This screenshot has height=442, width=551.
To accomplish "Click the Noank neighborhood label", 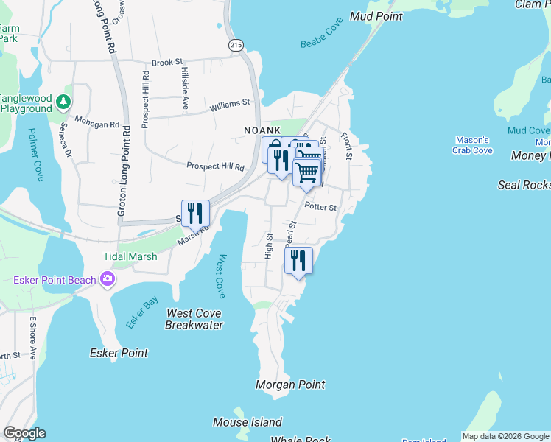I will point(263,130).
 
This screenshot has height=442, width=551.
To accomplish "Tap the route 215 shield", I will point(236,45).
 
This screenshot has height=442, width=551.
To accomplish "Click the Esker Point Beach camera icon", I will point(108,278).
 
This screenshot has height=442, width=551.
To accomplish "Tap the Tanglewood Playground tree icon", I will point(64,101).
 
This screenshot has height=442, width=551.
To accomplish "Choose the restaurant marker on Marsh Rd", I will point(195,214).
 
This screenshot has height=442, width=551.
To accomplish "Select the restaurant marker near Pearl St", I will point(298,260).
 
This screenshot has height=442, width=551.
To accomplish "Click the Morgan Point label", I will point(289,385).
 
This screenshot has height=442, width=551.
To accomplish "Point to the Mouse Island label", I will point(247,422).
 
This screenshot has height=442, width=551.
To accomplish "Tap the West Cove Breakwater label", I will point(194,319).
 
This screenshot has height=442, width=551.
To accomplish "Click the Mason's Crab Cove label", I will point(473,145).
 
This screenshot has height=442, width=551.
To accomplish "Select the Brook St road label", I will point(167,63).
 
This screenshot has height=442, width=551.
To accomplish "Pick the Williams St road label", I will point(230,105).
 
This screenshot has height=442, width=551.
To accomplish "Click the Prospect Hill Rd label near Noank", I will point(215,166).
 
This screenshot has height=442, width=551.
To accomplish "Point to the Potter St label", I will point(320,208).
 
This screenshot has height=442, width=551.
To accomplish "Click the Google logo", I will point(24,433).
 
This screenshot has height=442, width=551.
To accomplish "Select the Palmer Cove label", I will point(36,155).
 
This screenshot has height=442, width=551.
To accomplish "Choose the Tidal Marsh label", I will point(130,256).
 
